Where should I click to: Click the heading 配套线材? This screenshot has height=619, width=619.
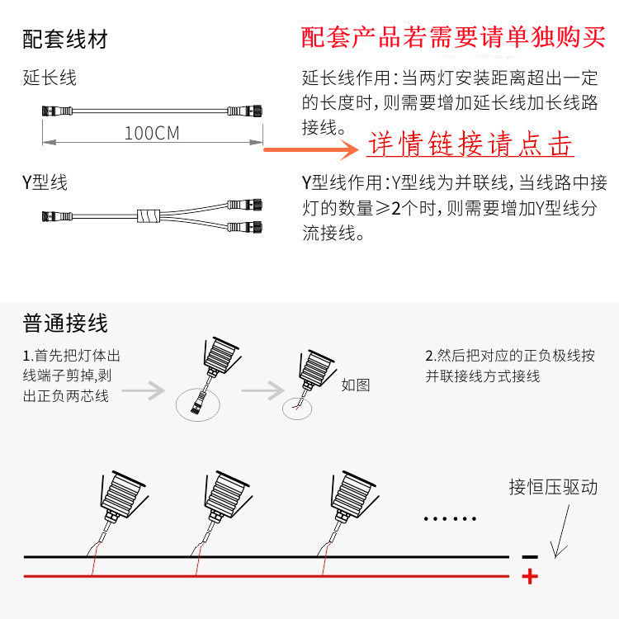pos(65,39)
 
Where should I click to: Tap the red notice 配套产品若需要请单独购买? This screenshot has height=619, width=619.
pos(453,37)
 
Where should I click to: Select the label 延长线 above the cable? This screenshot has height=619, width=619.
pos(50,78)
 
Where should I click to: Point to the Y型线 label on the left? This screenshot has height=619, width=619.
pos(45,182)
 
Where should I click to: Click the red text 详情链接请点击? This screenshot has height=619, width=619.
pos(470,145)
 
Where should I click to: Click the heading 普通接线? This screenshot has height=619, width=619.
pos(65,322)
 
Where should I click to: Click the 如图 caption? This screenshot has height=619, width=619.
pos(355,384)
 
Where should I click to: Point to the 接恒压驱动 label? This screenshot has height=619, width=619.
pos(552,487)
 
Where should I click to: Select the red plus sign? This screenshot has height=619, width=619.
pos(530,576)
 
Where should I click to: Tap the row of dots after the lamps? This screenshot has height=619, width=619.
pos(450,519)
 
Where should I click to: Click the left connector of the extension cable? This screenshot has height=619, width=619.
pos(50,110)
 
